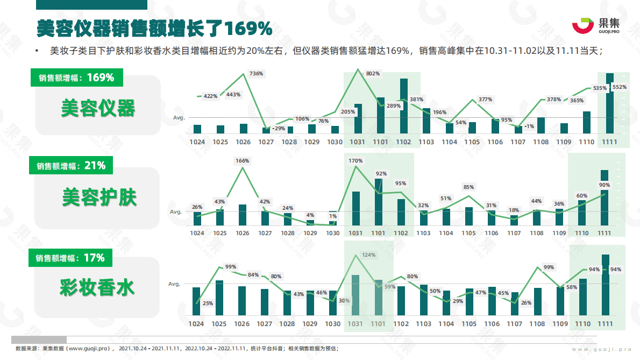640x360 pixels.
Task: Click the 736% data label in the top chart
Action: [256, 73]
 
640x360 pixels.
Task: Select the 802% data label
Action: [373, 73]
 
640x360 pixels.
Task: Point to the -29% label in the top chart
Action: [279, 128]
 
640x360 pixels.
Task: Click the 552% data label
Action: [619, 87]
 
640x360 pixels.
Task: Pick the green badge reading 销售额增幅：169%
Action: [76, 77]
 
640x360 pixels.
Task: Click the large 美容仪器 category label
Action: [98, 108]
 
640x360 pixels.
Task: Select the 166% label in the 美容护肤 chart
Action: [243, 160]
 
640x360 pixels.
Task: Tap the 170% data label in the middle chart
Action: [355, 160]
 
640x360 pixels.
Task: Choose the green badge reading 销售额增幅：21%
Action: [71, 166]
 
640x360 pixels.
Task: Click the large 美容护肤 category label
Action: [99, 197]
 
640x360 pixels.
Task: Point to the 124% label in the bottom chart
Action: [368, 255]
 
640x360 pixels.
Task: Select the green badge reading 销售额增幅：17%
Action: [70, 258]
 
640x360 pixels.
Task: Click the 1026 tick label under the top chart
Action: [243, 142]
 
